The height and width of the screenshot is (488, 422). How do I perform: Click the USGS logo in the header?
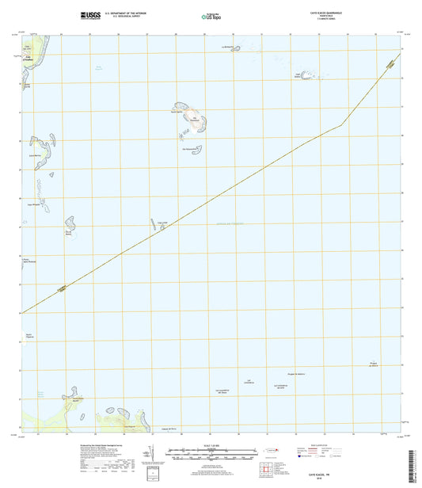tap(90, 15)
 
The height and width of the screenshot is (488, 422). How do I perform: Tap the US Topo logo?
tap(211, 15)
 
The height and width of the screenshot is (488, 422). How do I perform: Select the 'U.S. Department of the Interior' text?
tap(131, 13)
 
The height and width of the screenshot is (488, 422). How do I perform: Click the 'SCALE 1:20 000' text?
tap(211, 444)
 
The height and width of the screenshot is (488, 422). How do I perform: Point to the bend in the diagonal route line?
tap(342, 124)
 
